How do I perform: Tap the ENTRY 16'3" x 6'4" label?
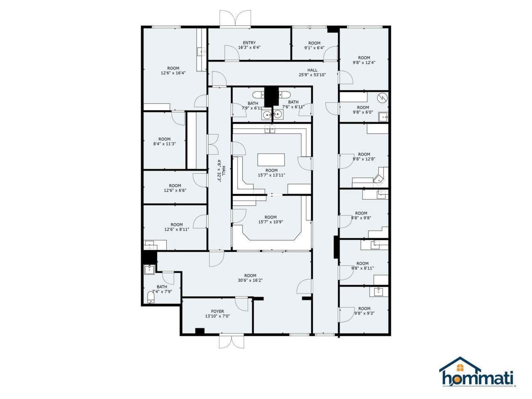pyautogui.click(x=249, y=45)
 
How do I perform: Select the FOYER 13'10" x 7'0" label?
pyautogui.click(x=217, y=314)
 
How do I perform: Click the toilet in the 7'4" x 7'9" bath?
pyautogui.click(x=151, y=297)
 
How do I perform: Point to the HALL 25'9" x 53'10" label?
pyautogui.click(x=312, y=73)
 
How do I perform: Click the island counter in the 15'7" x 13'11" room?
pyautogui.click(x=271, y=160)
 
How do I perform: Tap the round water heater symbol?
pyautogui.click(x=382, y=99)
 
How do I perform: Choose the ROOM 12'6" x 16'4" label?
pyautogui.click(x=173, y=71)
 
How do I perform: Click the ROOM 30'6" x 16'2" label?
pyautogui.click(x=250, y=278)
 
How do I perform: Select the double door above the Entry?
pyautogui.click(x=235, y=19)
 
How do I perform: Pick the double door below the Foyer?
pyautogui.click(x=231, y=342)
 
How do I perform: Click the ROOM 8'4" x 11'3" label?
pyautogui.click(x=165, y=142)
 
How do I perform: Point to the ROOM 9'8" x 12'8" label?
pyautogui.click(x=364, y=156)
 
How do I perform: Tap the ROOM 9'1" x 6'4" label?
pyautogui.click(x=314, y=45)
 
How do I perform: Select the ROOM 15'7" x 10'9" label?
pyautogui.click(x=271, y=219)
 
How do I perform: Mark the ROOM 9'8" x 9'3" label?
pyautogui.click(x=364, y=311)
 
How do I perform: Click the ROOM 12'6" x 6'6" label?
pyautogui.click(x=175, y=188)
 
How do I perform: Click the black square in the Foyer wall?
pyautogui.click(x=200, y=331)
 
